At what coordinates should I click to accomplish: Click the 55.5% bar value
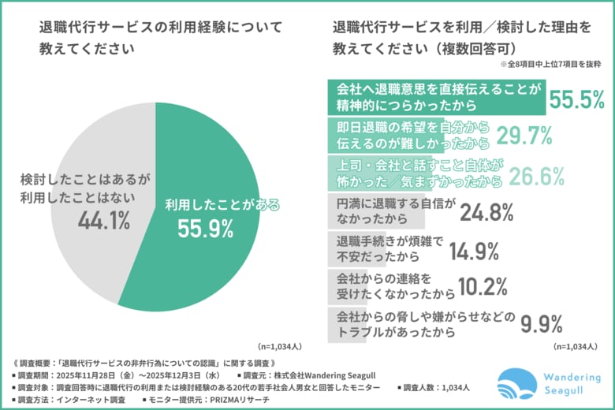(577, 99)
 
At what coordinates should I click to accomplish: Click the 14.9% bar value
(475, 250)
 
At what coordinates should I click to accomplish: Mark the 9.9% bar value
(539, 324)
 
